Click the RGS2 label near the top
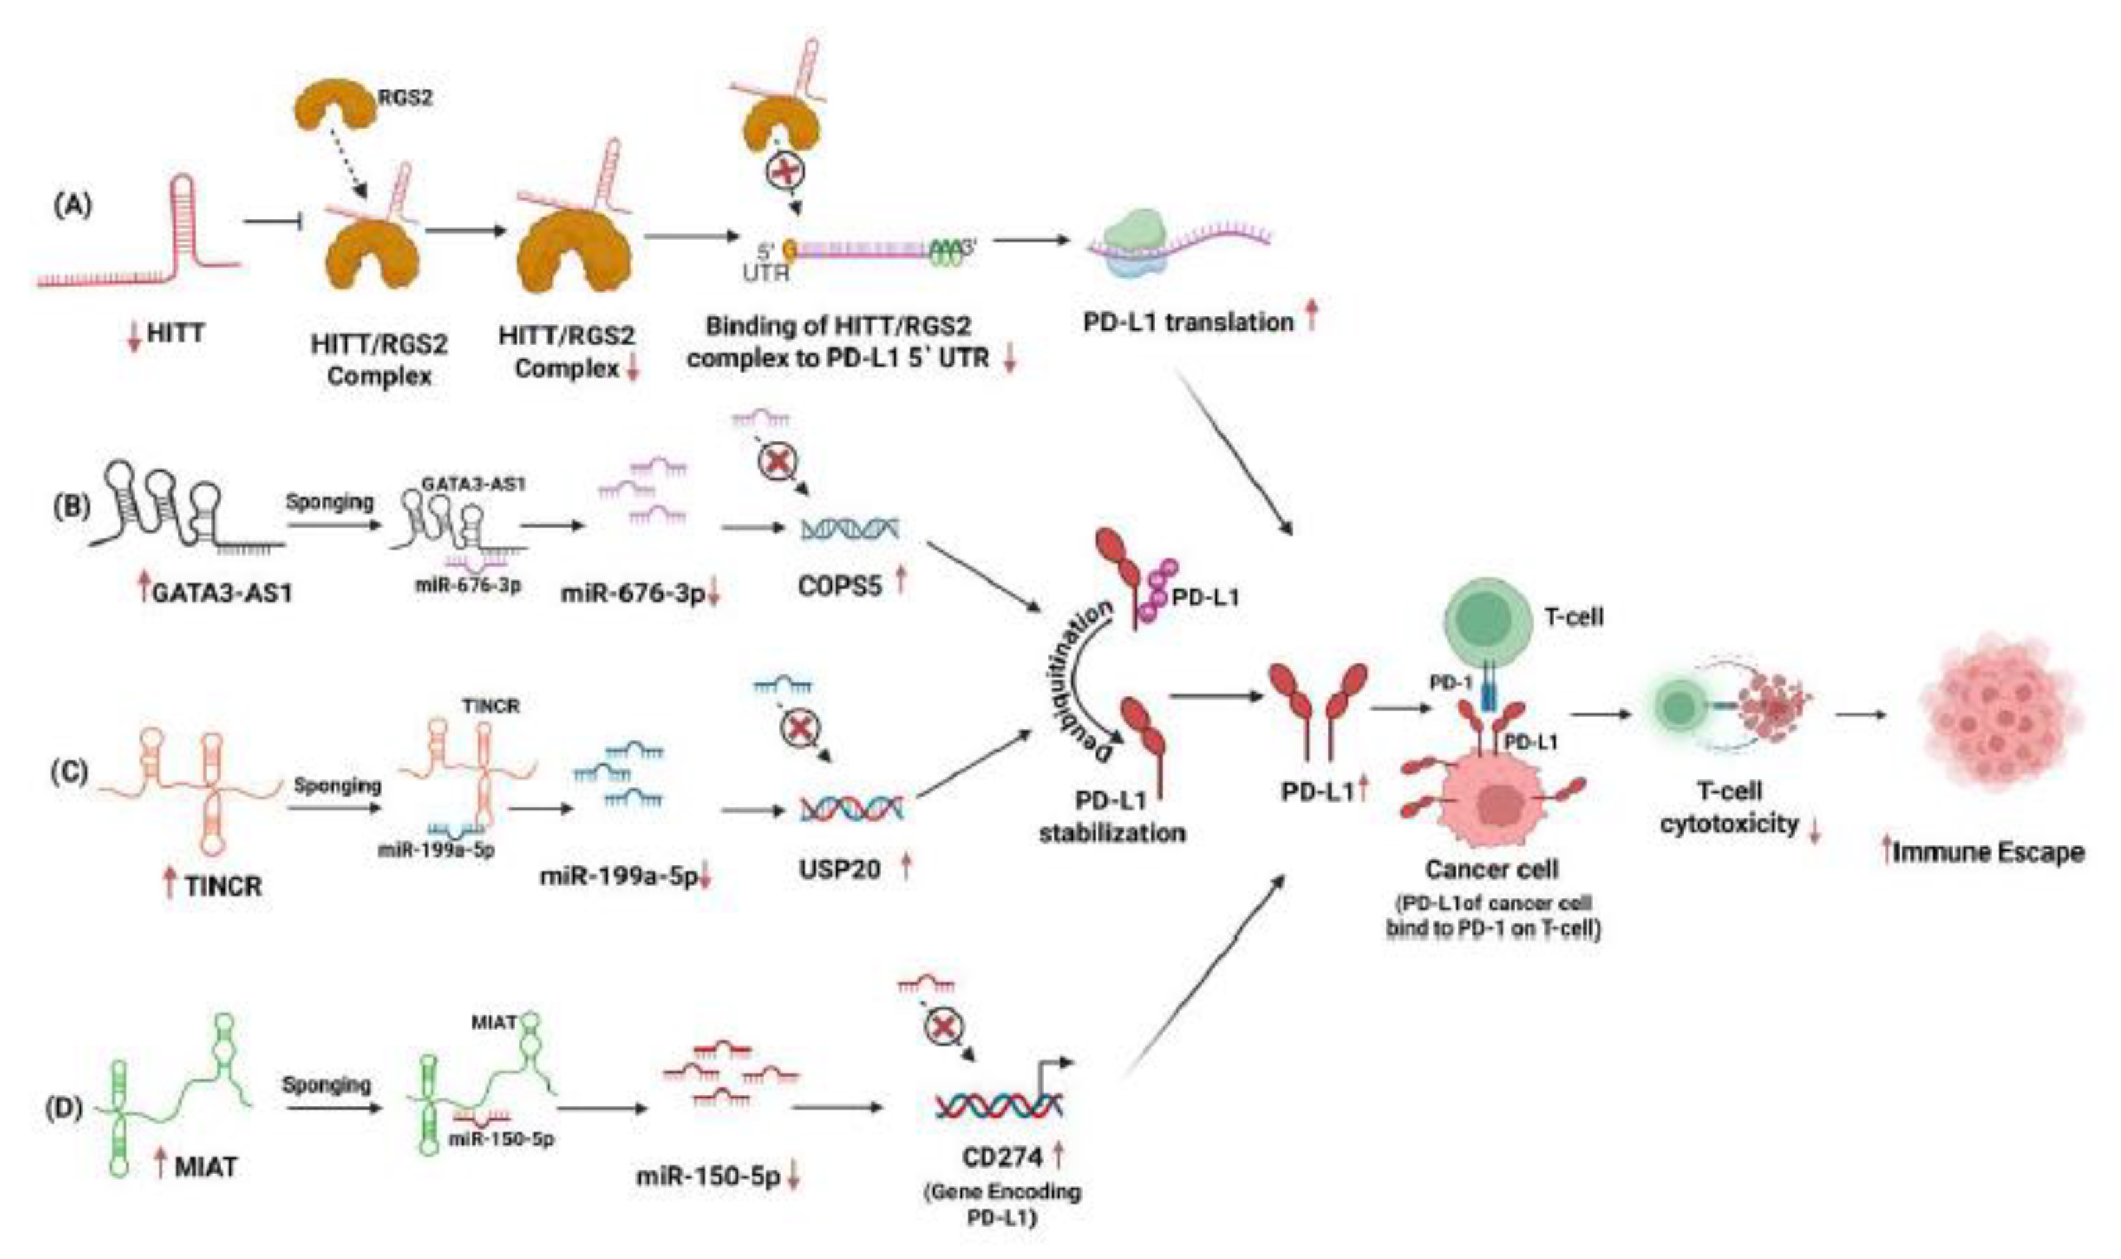(405, 98)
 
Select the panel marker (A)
(73, 206)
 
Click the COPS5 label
(840, 585)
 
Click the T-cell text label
(1575, 617)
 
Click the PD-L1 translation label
(1188, 322)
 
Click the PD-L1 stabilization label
(1112, 816)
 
